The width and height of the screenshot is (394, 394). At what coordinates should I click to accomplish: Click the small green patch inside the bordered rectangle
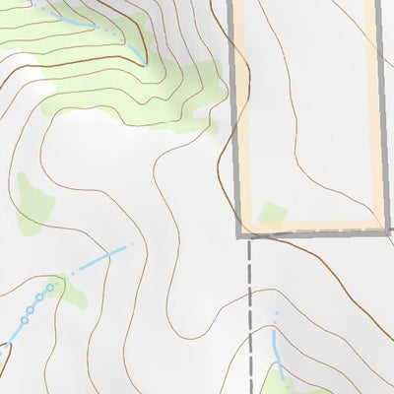[x=272, y=212]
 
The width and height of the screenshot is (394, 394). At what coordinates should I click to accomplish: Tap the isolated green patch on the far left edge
[x=33, y=202]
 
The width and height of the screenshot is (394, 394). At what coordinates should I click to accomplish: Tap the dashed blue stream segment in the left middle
[x=103, y=259]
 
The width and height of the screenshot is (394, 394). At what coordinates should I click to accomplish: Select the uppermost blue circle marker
[x=51, y=288]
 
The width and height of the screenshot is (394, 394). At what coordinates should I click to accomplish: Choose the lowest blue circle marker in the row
[x=23, y=320]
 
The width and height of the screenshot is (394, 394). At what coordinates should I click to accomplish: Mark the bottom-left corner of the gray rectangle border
[x=239, y=235]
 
